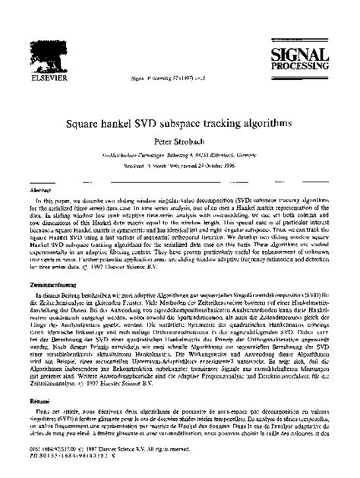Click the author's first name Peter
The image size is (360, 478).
tap(163, 141)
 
